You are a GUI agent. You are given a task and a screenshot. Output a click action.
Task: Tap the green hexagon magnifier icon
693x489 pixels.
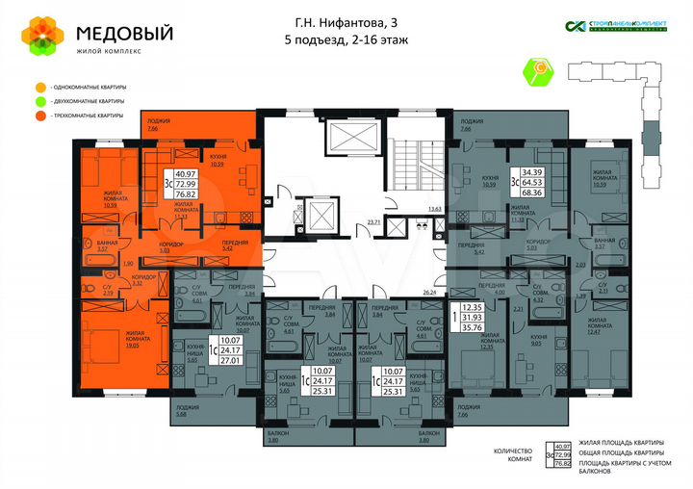coord(539,70)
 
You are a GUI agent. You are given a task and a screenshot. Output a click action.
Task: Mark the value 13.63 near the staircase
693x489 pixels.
coord(434,208)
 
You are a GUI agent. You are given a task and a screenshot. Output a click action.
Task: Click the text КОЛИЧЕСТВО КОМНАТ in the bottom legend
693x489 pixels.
coord(512,455)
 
